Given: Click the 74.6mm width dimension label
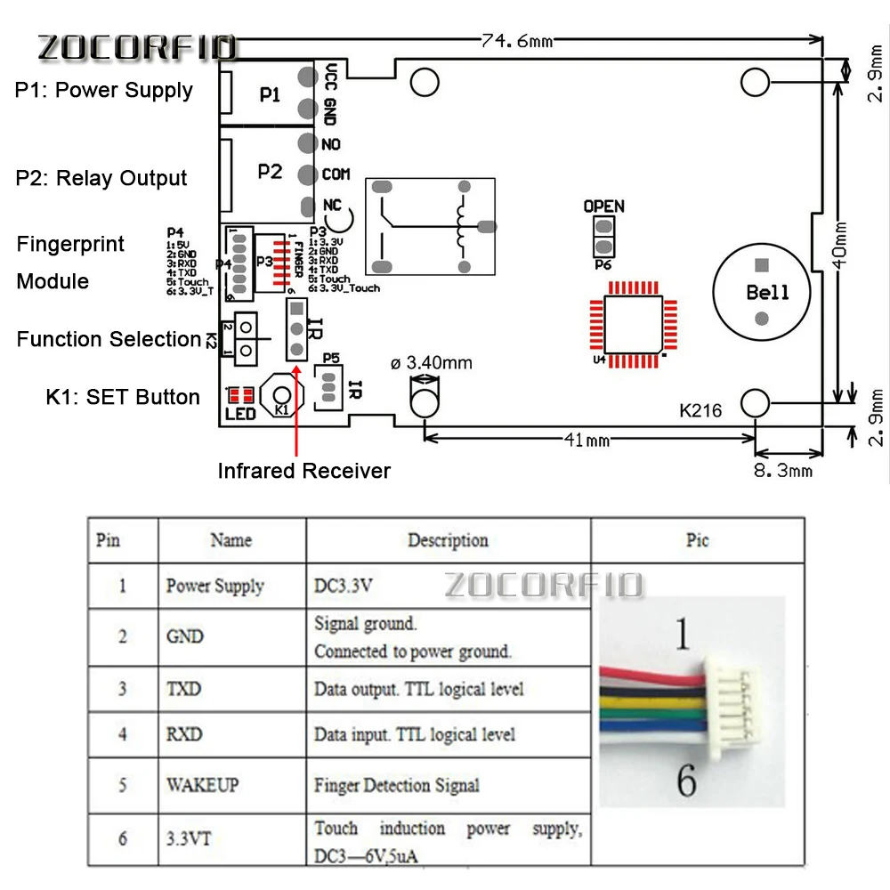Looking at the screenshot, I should [x=517, y=38].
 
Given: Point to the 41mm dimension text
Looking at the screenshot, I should [x=587, y=440].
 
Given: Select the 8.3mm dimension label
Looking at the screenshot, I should [x=783, y=469].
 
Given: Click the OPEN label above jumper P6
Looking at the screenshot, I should [x=603, y=206].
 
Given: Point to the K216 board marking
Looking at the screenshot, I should [x=700, y=411].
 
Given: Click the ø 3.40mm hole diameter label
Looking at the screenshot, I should [x=432, y=363].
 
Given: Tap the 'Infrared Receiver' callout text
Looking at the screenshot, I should [x=303, y=471].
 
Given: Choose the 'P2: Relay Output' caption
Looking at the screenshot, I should [x=101, y=178].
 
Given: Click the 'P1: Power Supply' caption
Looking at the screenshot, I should [x=103, y=91].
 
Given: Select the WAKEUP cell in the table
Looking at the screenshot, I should [x=202, y=785].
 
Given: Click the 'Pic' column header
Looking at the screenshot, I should [x=697, y=540].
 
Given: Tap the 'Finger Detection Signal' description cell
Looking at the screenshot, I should [x=396, y=785].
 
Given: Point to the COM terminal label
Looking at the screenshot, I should [x=336, y=174].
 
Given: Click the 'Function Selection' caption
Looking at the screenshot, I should [x=109, y=339].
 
